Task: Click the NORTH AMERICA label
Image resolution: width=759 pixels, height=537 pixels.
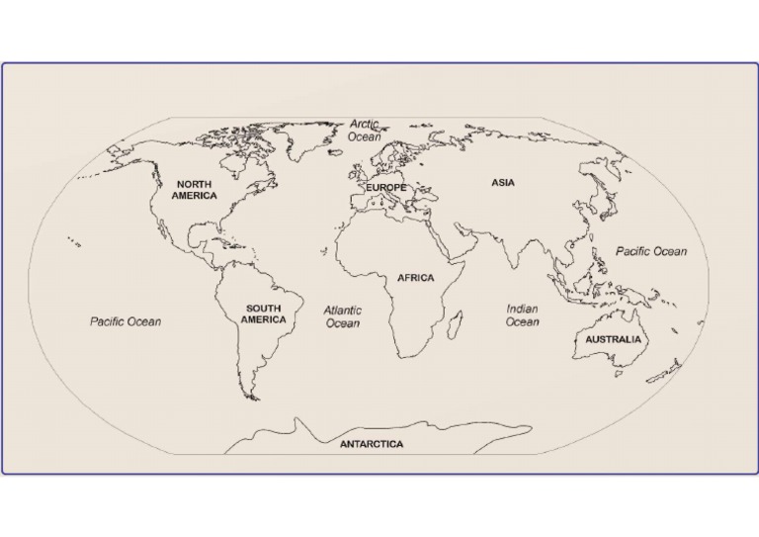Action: [x=194, y=190]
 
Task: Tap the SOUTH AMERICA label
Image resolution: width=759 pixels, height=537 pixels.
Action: [x=264, y=313]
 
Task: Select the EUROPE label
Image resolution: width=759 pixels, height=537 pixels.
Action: [x=386, y=187]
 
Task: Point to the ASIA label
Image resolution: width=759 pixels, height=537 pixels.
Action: [x=502, y=182]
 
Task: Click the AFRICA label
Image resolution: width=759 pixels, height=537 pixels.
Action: [x=415, y=278]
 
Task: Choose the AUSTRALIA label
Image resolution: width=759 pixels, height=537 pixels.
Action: [x=613, y=339]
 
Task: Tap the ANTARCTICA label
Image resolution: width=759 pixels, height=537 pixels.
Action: [x=372, y=444]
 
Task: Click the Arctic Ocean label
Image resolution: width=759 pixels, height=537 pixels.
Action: [x=365, y=131]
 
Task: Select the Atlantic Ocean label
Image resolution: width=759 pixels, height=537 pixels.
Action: [x=343, y=316]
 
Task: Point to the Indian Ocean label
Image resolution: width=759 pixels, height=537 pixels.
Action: [x=522, y=315]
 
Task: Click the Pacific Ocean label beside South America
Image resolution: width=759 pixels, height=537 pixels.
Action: [x=126, y=321]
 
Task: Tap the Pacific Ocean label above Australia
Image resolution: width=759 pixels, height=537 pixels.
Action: [x=651, y=251]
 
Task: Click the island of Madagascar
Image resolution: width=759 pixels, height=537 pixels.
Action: [x=457, y=323]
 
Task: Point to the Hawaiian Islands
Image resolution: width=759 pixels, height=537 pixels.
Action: [x=74, y=240]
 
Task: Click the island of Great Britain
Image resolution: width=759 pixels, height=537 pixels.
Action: [x=358, y=175]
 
